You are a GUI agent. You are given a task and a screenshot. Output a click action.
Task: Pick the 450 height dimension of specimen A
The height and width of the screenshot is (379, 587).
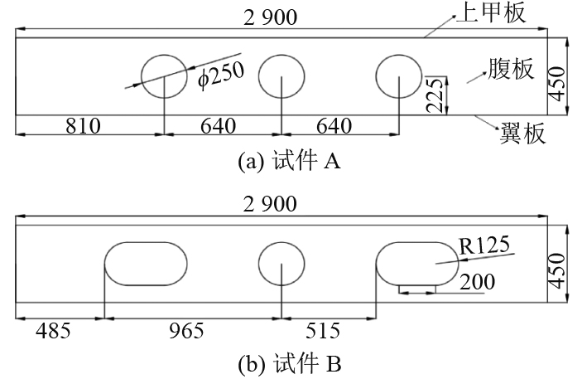(561, 79)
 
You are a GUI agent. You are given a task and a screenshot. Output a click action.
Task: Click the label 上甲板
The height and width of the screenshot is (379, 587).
(491, 12)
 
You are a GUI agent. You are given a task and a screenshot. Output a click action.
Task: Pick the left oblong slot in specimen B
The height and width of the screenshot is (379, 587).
(145, 264)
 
